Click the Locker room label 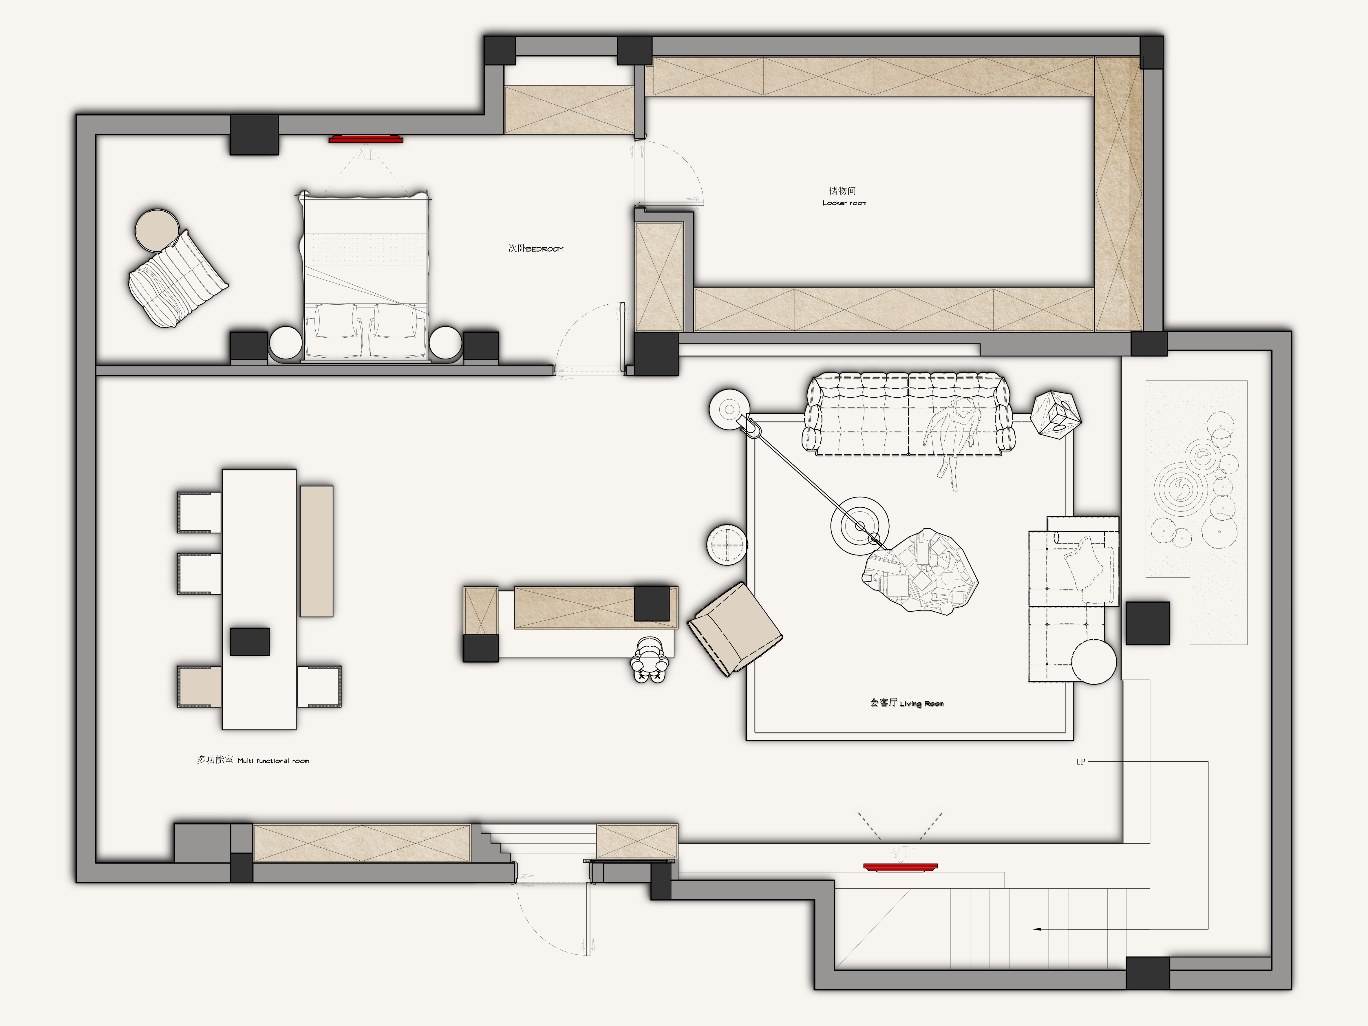tap(844, 203)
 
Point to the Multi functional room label tap(273, 761)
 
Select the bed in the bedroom tap(364, 275)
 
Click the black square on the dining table tap(250, 641)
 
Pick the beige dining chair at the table tap(199, 687)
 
